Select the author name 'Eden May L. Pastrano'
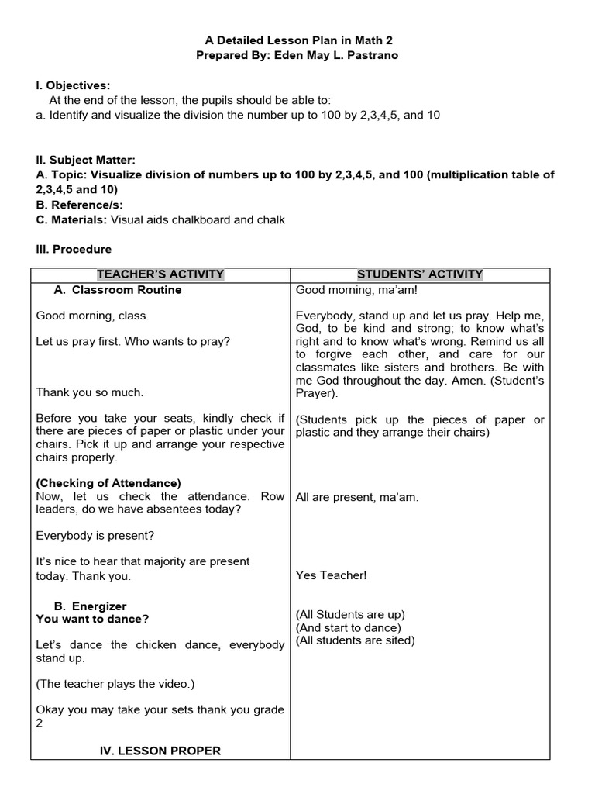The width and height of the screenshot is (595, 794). pos(337,55)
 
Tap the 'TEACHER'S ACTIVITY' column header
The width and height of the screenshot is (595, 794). pos(160,274)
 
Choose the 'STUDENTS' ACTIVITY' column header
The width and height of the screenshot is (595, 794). pos(420,274)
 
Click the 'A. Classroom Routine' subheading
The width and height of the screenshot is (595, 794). pos(118,290)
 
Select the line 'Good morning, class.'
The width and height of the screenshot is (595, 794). pos(92,316)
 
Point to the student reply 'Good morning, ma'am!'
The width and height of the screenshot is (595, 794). pos(356,290)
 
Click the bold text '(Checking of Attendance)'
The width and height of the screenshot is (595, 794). pos(108,483)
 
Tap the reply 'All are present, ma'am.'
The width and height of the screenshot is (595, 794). pos(357,497)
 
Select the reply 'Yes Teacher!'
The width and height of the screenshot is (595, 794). pos(332,575)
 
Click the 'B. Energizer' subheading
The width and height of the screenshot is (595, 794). pos(91,606)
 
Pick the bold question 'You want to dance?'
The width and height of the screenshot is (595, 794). pos(92,619)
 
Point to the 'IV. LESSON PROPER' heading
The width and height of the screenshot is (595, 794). pos(160,751)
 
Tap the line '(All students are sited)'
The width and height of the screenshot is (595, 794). pos(356,640)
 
